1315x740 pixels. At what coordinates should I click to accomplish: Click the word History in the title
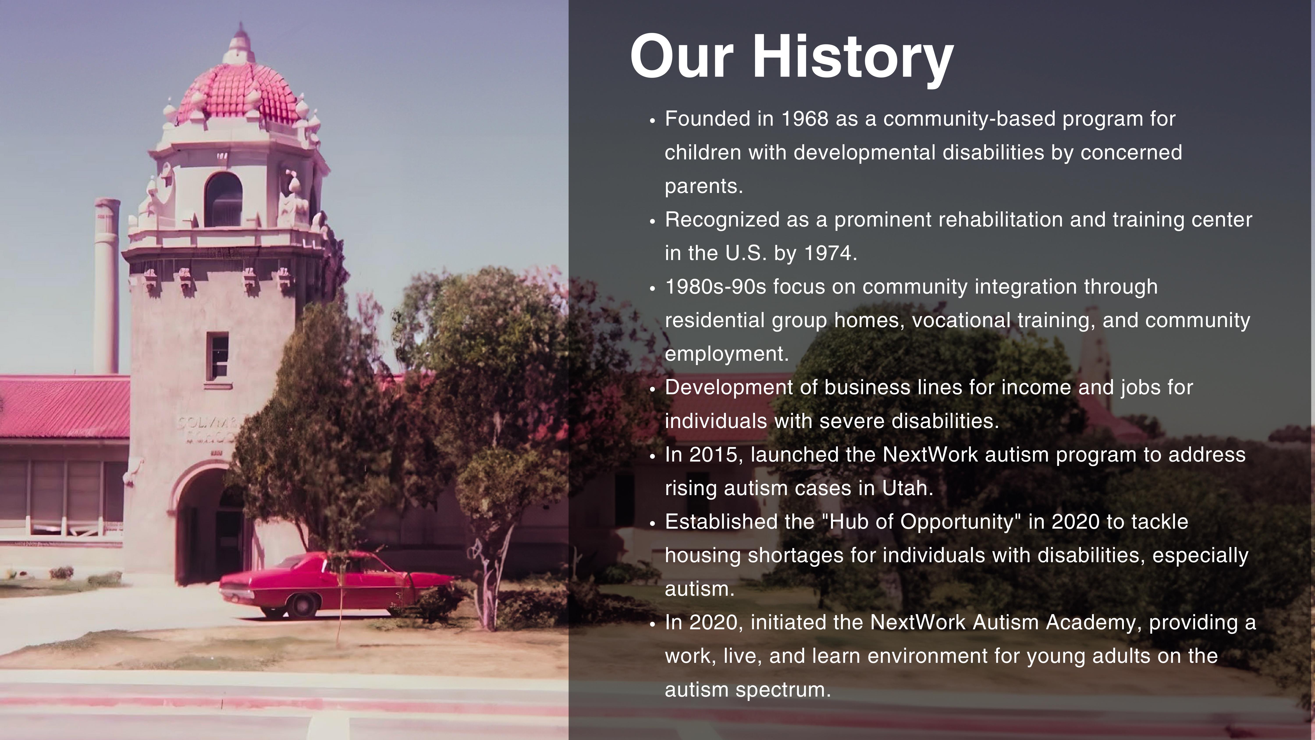pyautogui.click(x=853, y=57)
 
